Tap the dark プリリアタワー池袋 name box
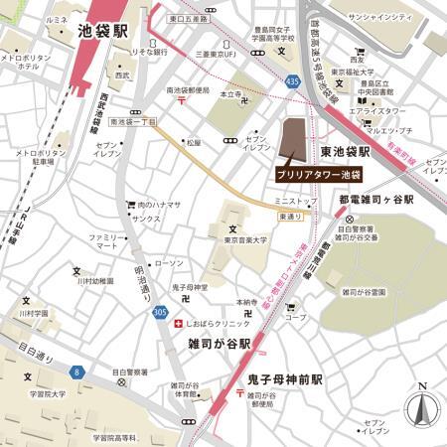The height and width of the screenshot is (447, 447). tap(318, 172)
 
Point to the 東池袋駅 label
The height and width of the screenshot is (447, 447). tap(346, 153)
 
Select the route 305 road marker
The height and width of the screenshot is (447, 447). tap(160, 311)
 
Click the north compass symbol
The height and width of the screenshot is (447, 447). tap(422, 408)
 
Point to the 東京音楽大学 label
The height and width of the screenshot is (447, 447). tap(244, 239)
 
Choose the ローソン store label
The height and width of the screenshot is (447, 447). tap(170, 263)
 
